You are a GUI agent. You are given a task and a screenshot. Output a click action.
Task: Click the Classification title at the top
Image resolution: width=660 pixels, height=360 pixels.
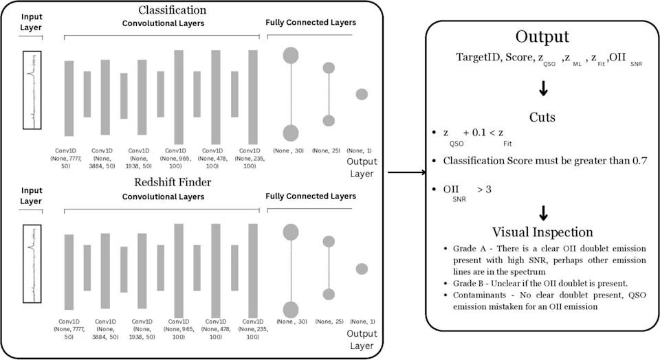pos(172,10)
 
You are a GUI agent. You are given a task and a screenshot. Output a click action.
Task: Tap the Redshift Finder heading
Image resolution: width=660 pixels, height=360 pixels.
pos(173,182)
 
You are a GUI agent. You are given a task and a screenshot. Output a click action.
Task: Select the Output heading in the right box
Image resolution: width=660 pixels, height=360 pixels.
pos(542,37)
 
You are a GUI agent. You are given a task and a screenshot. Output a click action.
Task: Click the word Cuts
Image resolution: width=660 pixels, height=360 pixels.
pos(542,117)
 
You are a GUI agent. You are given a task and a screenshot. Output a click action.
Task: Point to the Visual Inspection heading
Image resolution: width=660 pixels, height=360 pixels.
pos(542,232)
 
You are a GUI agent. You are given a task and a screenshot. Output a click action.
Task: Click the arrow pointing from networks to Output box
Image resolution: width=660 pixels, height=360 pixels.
pos(406,172)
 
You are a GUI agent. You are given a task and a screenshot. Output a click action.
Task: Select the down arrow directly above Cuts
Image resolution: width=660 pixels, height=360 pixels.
pos(543,89)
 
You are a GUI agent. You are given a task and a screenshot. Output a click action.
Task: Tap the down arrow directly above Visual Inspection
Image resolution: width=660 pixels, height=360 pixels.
pos(543,213)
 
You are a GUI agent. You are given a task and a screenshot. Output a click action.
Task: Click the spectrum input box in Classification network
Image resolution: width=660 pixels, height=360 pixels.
pos(32,90)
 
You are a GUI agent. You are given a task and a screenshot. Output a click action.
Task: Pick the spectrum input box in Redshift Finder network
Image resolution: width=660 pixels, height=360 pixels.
pos(32,264)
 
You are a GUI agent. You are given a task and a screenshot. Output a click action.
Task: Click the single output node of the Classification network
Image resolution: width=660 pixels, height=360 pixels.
pos(362,94)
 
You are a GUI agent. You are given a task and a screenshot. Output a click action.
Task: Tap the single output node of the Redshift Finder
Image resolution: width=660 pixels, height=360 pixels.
pos(362,269)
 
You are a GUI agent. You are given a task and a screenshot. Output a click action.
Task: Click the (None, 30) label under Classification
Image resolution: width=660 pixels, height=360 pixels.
pos(288,150)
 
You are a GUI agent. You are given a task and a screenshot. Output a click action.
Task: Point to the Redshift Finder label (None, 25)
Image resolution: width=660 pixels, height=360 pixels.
pos(329,322)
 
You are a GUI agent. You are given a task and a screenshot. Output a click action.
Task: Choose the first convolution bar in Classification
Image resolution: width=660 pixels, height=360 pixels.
pos(69,98)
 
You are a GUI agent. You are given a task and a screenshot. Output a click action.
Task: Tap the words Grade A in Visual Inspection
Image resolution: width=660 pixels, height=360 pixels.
pos(470,249)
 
